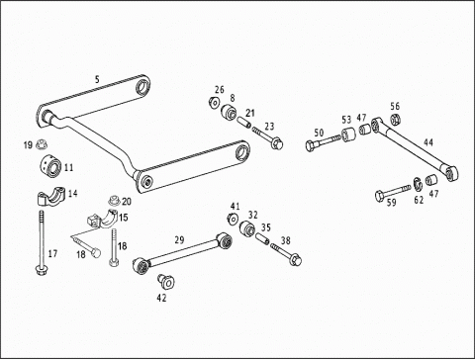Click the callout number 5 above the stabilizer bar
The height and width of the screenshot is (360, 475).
[x=97, y=79]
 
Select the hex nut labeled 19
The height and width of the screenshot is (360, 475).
[x=42, y=144]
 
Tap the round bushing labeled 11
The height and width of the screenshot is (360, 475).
[x=51, y=164]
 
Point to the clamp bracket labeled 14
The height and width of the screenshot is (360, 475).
[x=51, y=196]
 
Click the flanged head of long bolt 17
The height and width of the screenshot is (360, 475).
[x=41, y=271]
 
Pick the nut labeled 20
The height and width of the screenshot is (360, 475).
[x=115, y=201]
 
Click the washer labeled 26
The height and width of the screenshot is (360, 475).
[x=214, y=102]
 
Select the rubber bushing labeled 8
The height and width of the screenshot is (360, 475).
[x=229, y=112]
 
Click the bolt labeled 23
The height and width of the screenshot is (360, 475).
[x=268, y=138]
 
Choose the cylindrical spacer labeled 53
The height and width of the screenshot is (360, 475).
[x=349, y=135]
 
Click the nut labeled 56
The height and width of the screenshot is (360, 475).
[x=395, y=119]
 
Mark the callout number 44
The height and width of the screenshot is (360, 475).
[x=428, y=142]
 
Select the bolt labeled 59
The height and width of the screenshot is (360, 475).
[x=393, y=193]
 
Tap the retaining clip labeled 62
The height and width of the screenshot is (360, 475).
[x=418, y=184]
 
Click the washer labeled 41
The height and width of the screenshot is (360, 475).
[x=234, y=219]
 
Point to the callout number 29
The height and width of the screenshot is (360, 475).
[x=179, y=239]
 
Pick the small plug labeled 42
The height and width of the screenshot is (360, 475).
[x=166, y=281]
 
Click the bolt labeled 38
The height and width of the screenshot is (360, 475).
[x=286, y=254]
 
